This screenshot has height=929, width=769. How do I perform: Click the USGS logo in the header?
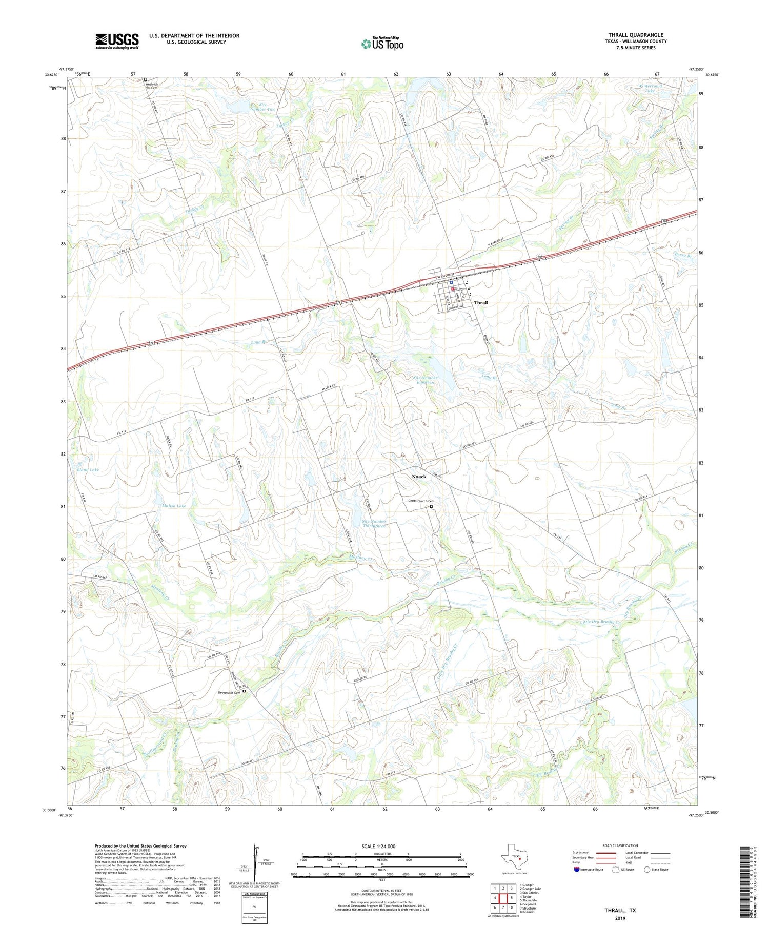pyautogui.click(x=117, y=41)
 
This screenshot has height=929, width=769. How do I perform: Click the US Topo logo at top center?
pyautogui.click(x=382, y=44)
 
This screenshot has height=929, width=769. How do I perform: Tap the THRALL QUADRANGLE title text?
pyautogui.click(x=635, y=35)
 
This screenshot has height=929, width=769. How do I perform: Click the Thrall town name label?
pyautogui.click(x=481, y=303)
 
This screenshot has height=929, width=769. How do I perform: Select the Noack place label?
pyautogui.click(x=419, y=477)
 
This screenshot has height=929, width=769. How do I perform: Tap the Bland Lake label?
pyautogui.click(x=87, y=470)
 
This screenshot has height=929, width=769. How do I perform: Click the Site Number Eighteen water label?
pyautogui.click(x=425, y=380)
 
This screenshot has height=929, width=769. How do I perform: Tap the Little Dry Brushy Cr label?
pyautogui.click(x=600, y=622)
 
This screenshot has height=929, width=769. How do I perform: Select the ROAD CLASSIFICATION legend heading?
pyautogui.click(x=620, y=845)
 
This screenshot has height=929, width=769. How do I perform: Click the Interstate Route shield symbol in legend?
pyautogui.click(x=577, y=870)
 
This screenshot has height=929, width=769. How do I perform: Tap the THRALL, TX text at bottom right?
pyautogui.click(x=620, y=911)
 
